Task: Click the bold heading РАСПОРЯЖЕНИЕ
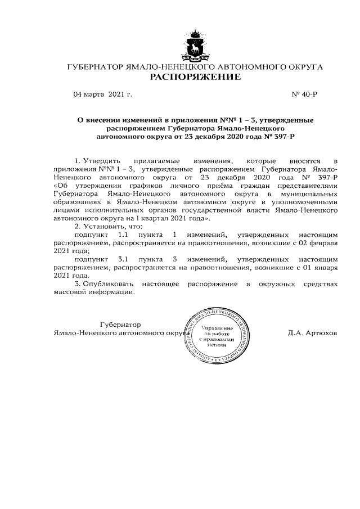[195, 76]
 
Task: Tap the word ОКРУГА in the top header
[303, 67]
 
